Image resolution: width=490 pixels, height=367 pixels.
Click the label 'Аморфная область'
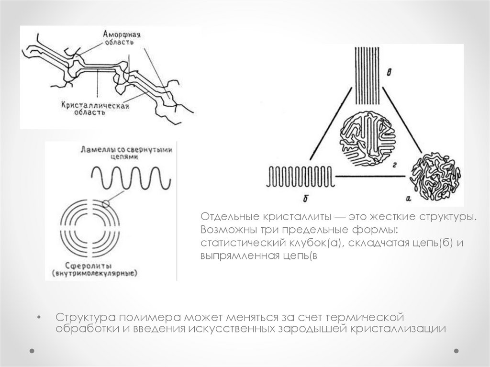tap(122, 38)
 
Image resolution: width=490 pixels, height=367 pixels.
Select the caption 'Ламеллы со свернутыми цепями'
tap(126, 153)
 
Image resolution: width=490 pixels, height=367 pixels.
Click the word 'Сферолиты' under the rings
tap(89, 266)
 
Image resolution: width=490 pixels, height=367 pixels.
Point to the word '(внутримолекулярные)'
tap(95, 273)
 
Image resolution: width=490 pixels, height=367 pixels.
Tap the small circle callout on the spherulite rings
tap(106, 204)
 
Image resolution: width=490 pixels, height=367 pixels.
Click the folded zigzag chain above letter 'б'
tap(301, 177)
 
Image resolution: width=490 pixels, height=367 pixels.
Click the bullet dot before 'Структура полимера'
tap(39, 318)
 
